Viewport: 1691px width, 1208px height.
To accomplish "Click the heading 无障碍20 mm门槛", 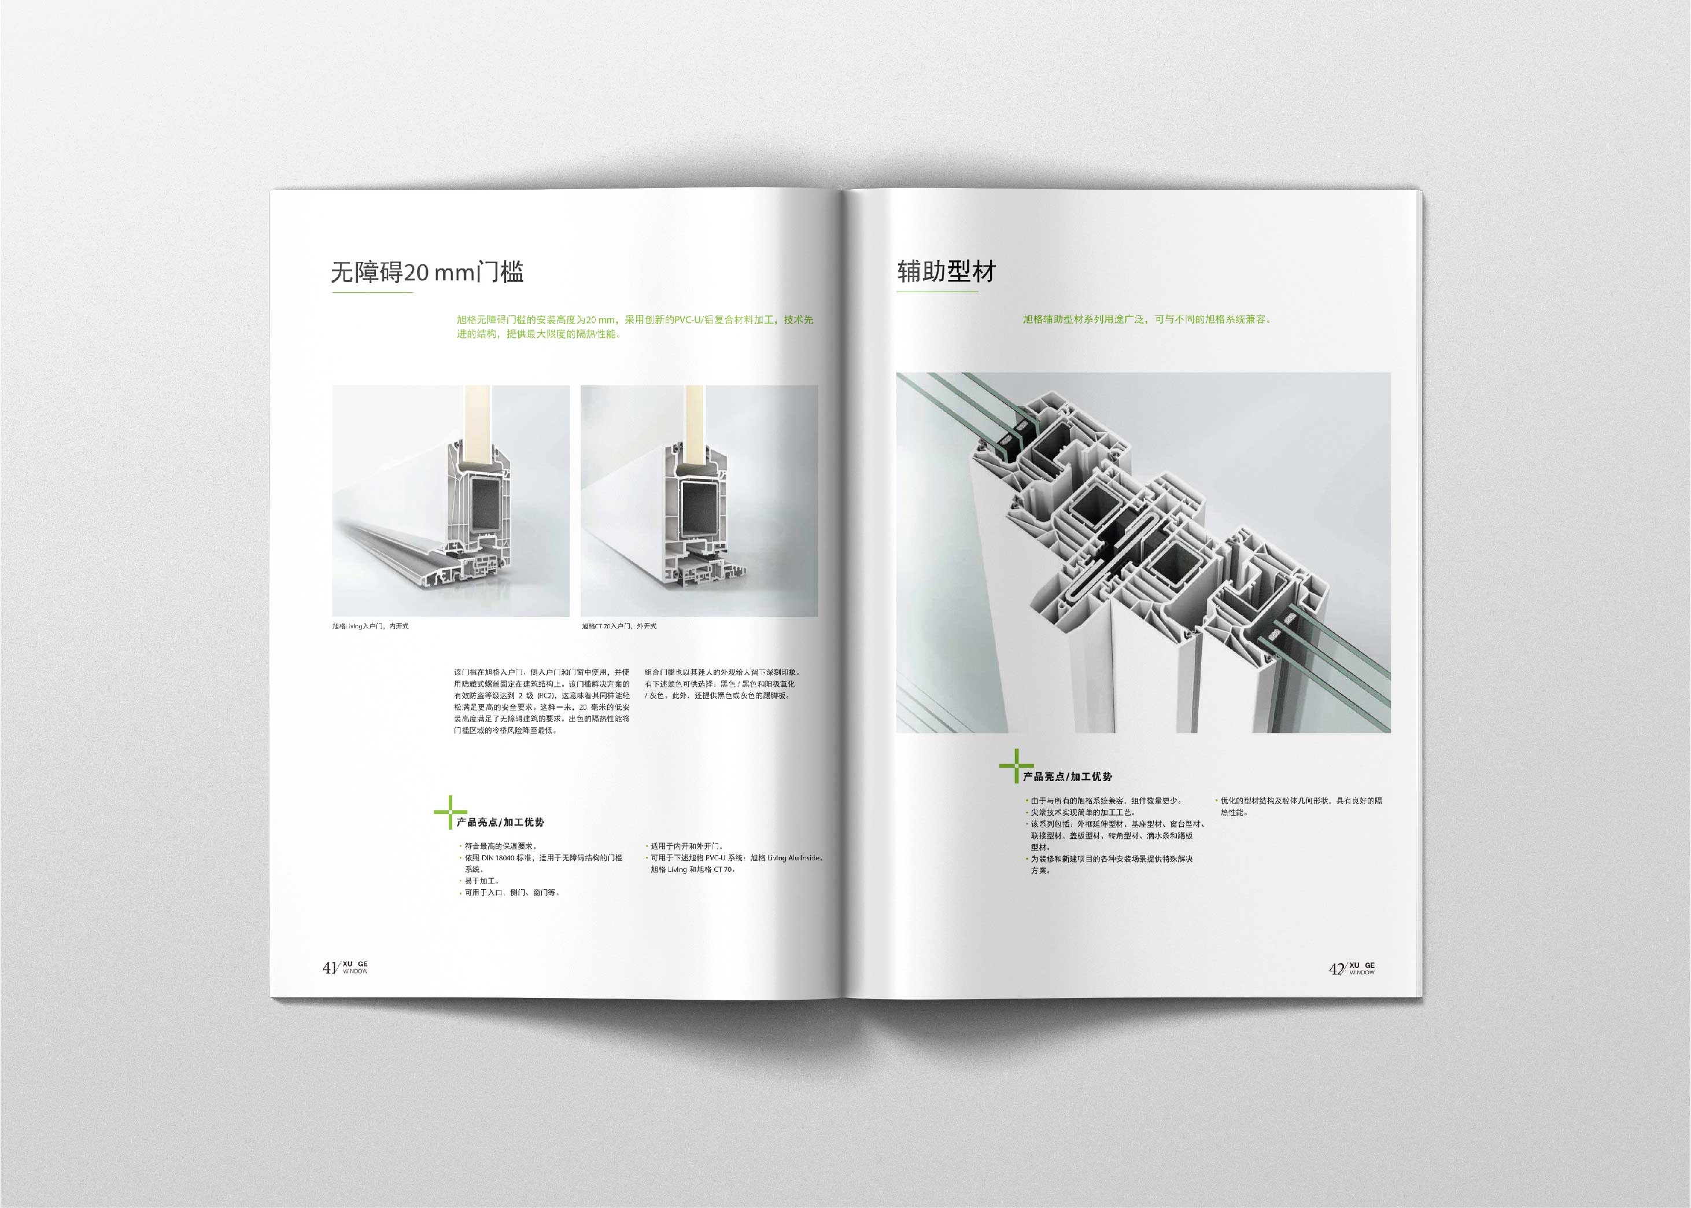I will [x=427, y=271].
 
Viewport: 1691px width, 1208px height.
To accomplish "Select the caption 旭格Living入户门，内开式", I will [x=370, y=627].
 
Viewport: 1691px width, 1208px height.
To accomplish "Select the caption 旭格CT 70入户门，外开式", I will [x=619, y=627].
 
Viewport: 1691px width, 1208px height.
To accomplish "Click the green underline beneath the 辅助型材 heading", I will [x=937, y=292].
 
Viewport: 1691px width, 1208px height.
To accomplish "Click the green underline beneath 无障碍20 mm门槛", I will [x=372, y=292].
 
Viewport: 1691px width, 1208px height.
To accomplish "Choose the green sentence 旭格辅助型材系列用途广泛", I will [x=1146, y=319].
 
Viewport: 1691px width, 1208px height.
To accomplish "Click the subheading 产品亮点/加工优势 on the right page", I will [x=1067, y=776].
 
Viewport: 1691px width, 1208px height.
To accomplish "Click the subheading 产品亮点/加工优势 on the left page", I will [x=500, y=823].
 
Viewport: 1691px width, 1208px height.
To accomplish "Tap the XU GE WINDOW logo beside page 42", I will [x=1363, y=968].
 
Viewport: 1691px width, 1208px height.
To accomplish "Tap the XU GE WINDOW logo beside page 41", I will [x=356, y=967].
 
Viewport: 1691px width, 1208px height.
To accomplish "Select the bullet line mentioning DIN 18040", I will [x=543, y=857].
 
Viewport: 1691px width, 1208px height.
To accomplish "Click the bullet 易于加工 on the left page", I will [x=482, y=881].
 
